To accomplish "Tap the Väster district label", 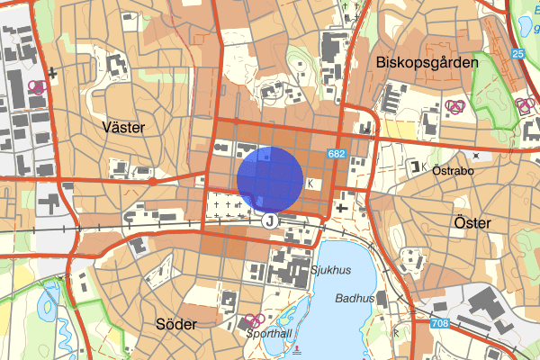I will [124, 128].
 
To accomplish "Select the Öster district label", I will [472, 222].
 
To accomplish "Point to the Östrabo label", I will [453, 169].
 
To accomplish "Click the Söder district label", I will [175, 324].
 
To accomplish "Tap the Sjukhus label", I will [328, 269].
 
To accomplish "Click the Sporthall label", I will [269, 332].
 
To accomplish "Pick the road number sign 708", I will [439, 323].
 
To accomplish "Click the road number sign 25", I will [517, 54].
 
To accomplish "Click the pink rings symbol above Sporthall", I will [255, 319].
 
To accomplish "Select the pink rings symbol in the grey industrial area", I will [37, 87].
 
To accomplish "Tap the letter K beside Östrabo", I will [424, 166].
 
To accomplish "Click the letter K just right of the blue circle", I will [311, 184].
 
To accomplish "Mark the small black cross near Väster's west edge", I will [55, 72].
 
